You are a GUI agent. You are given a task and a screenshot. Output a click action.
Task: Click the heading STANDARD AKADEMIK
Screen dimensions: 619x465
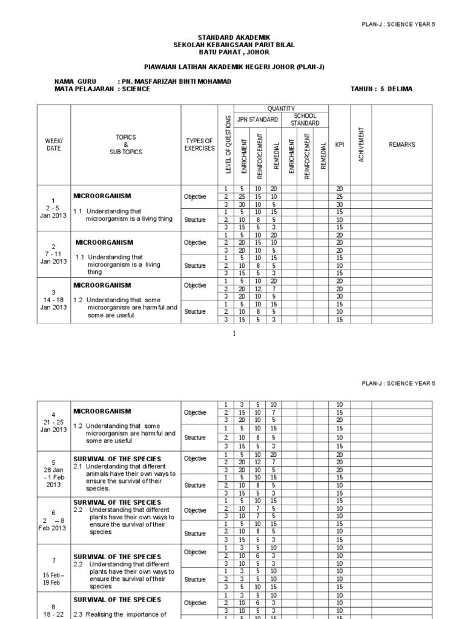click(x=232, y=37)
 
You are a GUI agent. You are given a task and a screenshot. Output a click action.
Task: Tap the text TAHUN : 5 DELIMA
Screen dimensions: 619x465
click(x=381, y=89)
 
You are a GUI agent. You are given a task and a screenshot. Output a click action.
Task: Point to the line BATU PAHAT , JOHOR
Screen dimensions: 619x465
click(x=232, y=52)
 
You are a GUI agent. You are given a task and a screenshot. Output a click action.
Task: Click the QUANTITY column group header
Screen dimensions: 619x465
click(x=281, y=108)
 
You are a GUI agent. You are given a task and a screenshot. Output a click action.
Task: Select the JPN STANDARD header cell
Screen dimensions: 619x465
click(x=257, y=120)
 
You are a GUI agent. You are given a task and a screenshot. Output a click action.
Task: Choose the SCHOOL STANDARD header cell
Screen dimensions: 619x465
click(x=305, y=119)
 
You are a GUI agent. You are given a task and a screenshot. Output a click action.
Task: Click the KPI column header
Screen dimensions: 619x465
click(x=339, y=144)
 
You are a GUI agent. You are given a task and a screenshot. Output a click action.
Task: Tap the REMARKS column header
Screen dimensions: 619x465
click(x=402, y=144)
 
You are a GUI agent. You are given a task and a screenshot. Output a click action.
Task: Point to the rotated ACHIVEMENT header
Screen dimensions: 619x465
click(x=361, y=144)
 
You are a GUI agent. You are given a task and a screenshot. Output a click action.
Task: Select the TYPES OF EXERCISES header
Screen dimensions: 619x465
click(x=199, y=144)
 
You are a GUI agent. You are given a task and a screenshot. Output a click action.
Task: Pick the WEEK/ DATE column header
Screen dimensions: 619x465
click(x=54, y=144)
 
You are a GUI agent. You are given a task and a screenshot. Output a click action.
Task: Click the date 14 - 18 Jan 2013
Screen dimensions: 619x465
click(x=54, y=300)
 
